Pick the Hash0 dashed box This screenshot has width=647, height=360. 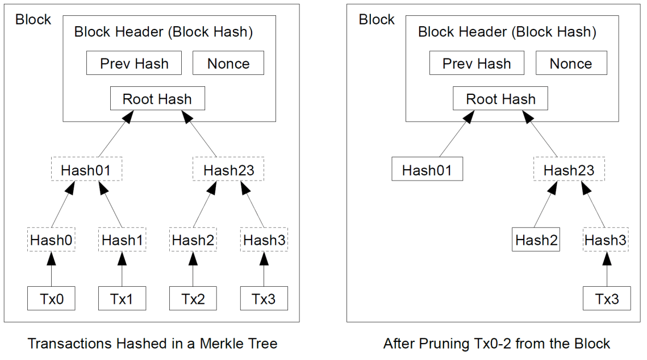pos(51,240)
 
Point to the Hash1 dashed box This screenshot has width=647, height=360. pos(122,240)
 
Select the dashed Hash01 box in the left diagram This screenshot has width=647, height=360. pos(86,170)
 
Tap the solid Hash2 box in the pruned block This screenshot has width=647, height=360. pos(536,240)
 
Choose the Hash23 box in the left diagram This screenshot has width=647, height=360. pos(228,170)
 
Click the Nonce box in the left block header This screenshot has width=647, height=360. pos(228,64)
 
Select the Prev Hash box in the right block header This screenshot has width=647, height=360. pos(477,64)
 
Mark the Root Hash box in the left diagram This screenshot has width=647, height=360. pos(157,99)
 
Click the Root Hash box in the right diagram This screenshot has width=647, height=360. pos(500,99)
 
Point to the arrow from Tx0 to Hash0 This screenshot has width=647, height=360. pos(51,270)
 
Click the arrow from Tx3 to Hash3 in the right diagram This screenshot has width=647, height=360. pos(607,270)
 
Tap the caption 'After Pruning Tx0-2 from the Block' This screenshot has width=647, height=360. pos(496,344)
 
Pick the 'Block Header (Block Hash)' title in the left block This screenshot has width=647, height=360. pos(164,32)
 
